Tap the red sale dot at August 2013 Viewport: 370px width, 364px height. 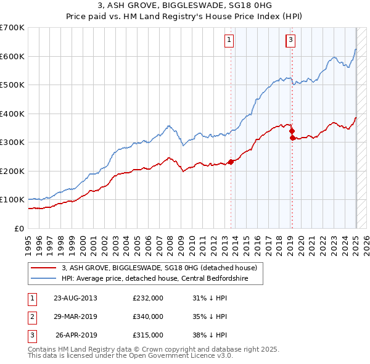[x=231, y=162]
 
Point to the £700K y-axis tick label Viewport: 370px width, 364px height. [x=12, y=28]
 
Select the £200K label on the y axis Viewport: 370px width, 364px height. [x=12, y=171]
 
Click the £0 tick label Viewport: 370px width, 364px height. [x=19, y=228]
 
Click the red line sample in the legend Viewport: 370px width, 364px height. [x=44, y=268]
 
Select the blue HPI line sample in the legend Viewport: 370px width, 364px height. [x=44, y=279]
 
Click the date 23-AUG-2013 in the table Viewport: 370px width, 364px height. [x=76, y=298]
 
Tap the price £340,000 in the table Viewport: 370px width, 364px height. [x=148, y=316]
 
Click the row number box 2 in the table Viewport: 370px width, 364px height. [x=31, y=316]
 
